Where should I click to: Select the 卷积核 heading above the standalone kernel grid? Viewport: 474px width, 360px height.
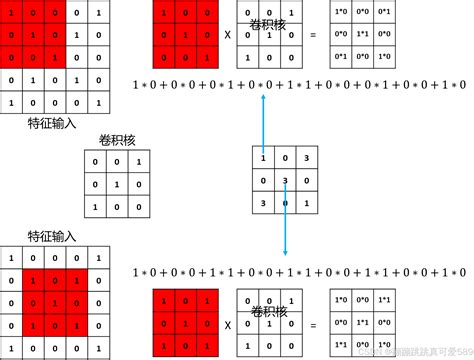click(x=109, y=141)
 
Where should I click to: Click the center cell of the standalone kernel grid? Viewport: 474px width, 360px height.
click(x=110, y=185)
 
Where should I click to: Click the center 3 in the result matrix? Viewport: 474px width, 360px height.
click(x=286, y=181)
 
